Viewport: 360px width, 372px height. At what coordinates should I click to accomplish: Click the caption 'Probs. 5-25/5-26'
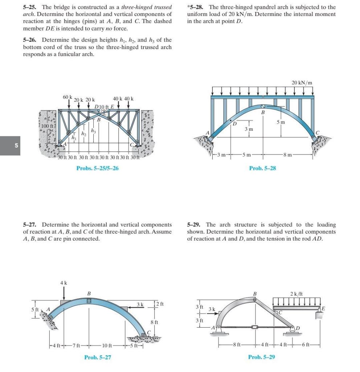pos(97,168)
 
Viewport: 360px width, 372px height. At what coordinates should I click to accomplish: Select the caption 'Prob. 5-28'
pos(262,168)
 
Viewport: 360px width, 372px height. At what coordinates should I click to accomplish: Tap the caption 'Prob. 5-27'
pos(98,357)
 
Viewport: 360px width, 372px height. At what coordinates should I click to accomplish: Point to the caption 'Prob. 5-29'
pos(261,357)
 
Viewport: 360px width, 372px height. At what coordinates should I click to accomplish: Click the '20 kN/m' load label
pos(302,83)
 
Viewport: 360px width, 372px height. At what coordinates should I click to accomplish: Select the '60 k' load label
pos(67,97)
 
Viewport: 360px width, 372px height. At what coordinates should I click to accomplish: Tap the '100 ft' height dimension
pos(47,126)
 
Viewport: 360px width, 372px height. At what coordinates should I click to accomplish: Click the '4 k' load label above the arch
pos(64,282)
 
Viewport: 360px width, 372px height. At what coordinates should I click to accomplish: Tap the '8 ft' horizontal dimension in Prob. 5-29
pos(237,344)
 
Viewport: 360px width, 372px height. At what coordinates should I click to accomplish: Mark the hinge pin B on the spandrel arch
pos(263,107)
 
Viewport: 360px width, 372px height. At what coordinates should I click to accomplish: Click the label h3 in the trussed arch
pos(94,131)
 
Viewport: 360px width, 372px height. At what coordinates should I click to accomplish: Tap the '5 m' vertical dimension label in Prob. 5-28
pos(281,122)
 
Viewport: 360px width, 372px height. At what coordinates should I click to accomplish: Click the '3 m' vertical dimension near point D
pos(249,129)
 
